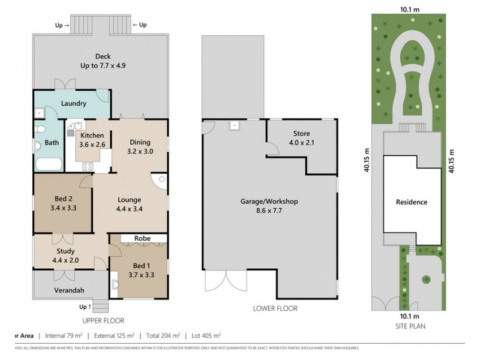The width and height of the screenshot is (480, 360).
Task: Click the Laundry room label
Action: click(x=73, y=103)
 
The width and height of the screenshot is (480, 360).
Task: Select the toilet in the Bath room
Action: click(x=39, y=130)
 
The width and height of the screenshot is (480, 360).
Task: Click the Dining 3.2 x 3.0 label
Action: click(x=140, y=147)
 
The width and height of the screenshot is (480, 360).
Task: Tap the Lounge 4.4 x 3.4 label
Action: click(x=129, y=204)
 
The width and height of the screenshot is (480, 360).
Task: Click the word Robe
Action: click(x=142, y=238)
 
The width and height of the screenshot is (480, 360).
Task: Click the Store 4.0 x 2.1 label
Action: click(x=301, y=137)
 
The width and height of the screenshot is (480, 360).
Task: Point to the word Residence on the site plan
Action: click(x=412, y=202)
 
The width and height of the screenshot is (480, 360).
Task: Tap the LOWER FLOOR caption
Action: click(x=275, y=309)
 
